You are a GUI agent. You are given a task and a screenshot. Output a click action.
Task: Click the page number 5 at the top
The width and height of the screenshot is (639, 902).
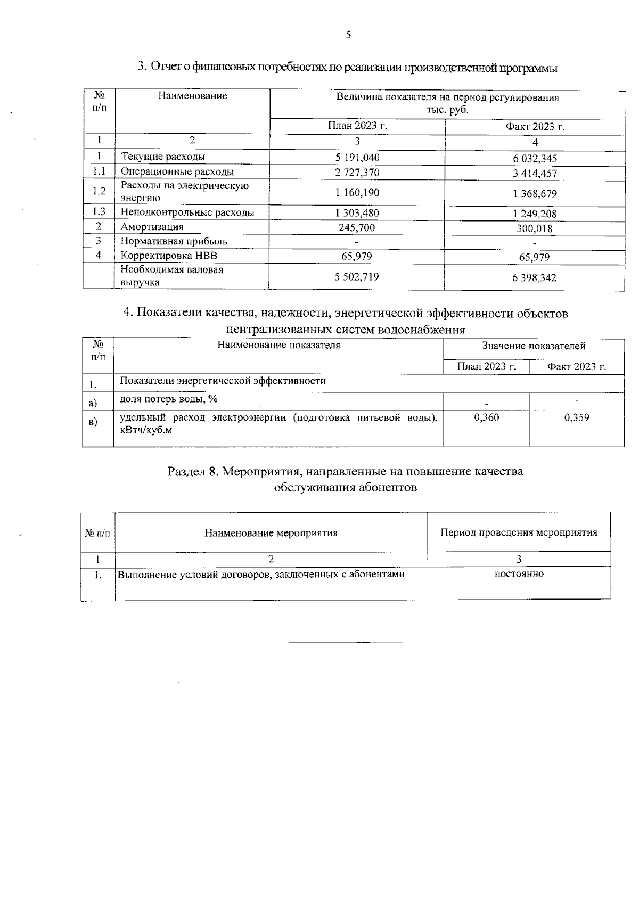point(348,35)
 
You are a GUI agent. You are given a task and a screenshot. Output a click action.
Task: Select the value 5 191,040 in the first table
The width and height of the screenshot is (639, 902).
point(357,157)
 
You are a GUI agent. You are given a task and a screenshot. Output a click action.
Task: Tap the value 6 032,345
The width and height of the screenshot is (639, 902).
point(535,159)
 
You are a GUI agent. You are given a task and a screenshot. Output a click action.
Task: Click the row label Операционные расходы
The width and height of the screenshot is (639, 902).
point(177,171)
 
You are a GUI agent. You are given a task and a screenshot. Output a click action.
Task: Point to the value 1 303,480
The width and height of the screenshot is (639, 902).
point(357,213)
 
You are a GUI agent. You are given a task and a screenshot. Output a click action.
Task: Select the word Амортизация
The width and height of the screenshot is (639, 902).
point(152,227)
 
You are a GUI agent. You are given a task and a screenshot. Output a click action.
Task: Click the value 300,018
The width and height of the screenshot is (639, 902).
point(535,229)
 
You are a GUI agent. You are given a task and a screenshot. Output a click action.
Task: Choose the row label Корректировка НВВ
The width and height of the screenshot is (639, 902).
point(169,256)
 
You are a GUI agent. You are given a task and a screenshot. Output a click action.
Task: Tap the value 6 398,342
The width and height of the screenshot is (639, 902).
point(535,278)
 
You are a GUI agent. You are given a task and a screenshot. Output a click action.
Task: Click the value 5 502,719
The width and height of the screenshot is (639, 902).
point(357,277)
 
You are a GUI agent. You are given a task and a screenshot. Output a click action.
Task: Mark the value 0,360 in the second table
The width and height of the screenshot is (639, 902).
point(486,417)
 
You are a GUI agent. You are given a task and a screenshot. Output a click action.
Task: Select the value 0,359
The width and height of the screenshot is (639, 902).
point(576,417)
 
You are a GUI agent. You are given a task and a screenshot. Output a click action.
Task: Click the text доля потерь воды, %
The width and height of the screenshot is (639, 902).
point(169,399)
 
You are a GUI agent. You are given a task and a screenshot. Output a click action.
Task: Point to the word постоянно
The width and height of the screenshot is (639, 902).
point(519,574)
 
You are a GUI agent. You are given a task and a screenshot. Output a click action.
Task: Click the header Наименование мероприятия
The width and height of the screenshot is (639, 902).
point(271,532)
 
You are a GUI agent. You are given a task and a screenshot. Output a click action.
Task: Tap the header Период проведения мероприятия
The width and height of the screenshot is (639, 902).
point(519,532)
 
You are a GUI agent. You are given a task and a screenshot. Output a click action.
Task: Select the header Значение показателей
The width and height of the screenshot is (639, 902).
point(534,346)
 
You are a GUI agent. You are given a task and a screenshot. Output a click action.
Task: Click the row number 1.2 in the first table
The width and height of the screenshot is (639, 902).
point(99,192)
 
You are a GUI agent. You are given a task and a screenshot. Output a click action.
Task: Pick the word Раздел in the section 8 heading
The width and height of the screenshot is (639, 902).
point(186,472)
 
